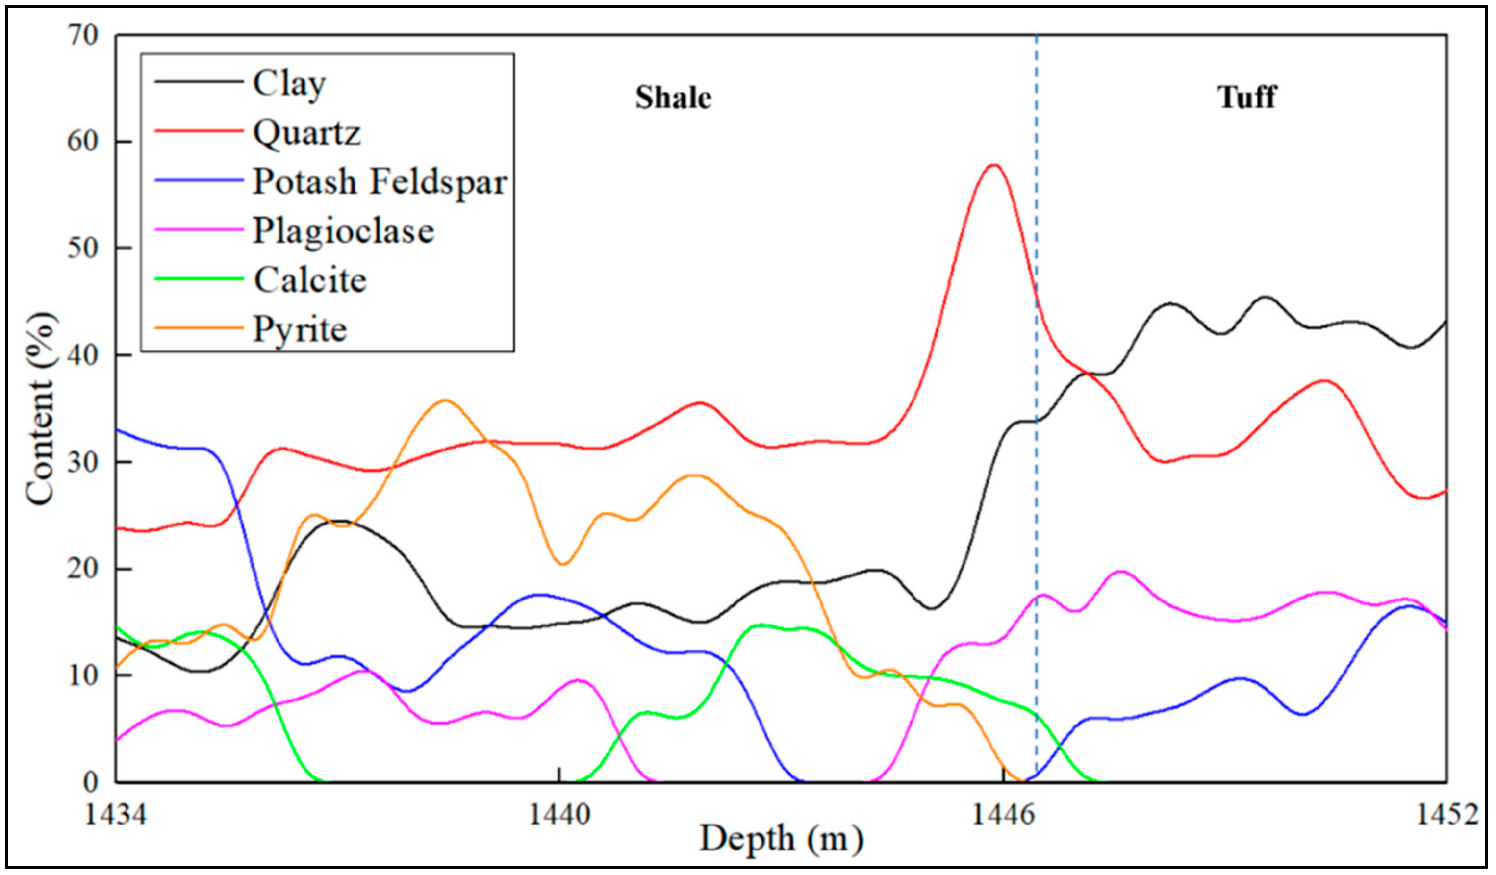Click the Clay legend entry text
pyautogui.click(x=289, y=83)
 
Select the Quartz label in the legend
pyautogui.click(x=306, y=132)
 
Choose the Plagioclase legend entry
pyautogui.click(x=344, y=230)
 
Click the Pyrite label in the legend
pyautogui.click(x=300, y=329)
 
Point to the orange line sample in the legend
pyautogui.click(x=199, y=328)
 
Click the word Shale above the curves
pyautogui.click(x=673, y=98)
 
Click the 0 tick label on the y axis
pyautogui.click(x=90, y=782)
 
